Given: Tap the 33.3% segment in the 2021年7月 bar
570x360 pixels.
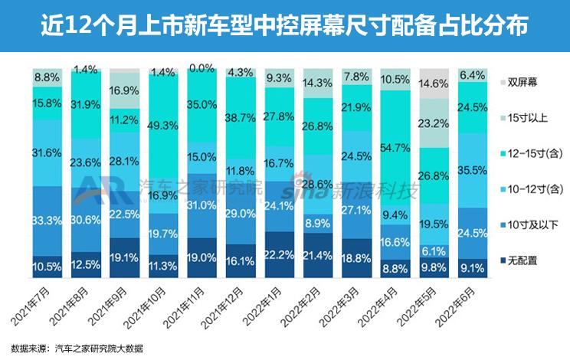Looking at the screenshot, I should pyautogui.click(x=47, y=221).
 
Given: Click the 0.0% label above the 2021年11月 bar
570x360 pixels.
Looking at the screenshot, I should pyautogui.click(x=202, y=69).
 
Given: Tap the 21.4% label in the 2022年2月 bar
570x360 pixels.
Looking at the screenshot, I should pyautogui.click(x=317, y=254).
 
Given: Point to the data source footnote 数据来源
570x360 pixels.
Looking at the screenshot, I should pyautogui.click(x=77, y=349).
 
